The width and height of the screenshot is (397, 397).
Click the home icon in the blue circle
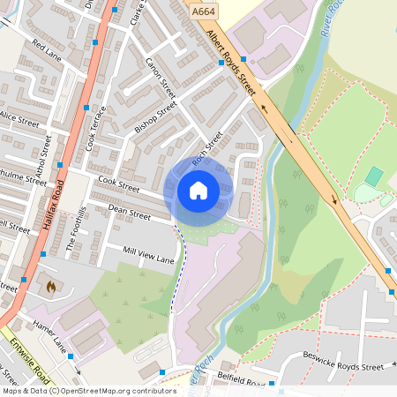coord(198,190)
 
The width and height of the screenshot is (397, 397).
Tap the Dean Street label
coord(129,210)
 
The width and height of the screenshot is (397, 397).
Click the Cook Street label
coord(119,184)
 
